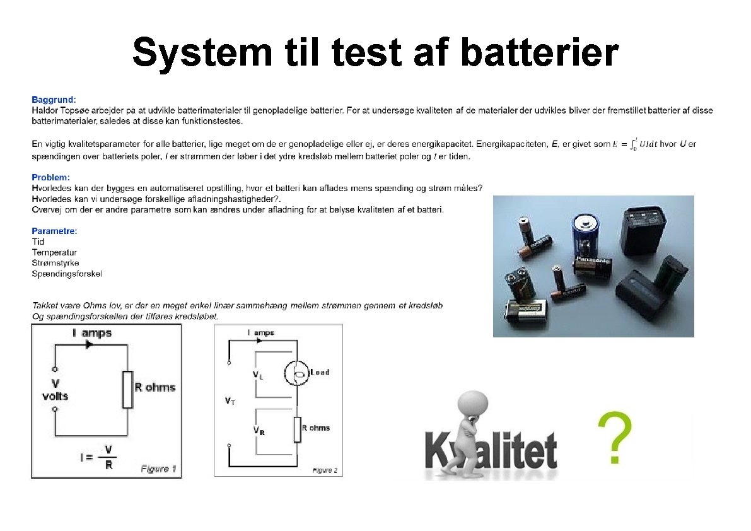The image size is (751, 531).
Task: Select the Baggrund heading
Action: pyautogui.click(x=54, y=100)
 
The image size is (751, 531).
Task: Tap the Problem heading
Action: pyautogui.click(x=50, y=178)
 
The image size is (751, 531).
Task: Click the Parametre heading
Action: pyautogui.click(x=54, y=231)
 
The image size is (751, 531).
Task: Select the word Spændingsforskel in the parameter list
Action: pyautogui.click(x=67, y=274)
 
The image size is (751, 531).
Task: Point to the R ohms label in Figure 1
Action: pyautogui.click(x=154, y=387)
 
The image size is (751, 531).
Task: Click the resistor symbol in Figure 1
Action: pyautogui.click(x=127, y=390)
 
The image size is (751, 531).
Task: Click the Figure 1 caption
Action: pyautogui.click(x=158, y=469)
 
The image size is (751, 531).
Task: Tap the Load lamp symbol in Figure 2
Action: pyautogui.click(x=296, y=373)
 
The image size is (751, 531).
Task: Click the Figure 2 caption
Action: pyautogui.click(x=325, y=470)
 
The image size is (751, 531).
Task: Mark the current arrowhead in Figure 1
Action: pyautogui.click(x=90, y=345)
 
